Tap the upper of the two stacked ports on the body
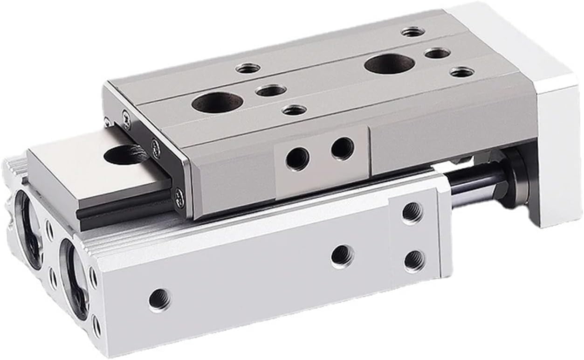pos(412,213)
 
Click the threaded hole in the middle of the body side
pos(343,256)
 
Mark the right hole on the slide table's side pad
pos(343,148)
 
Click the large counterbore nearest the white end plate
pos(390,64)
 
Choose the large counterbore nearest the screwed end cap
pos(217,101)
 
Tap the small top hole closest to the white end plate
pos(413,32)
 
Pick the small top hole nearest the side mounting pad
pos(294,111)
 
